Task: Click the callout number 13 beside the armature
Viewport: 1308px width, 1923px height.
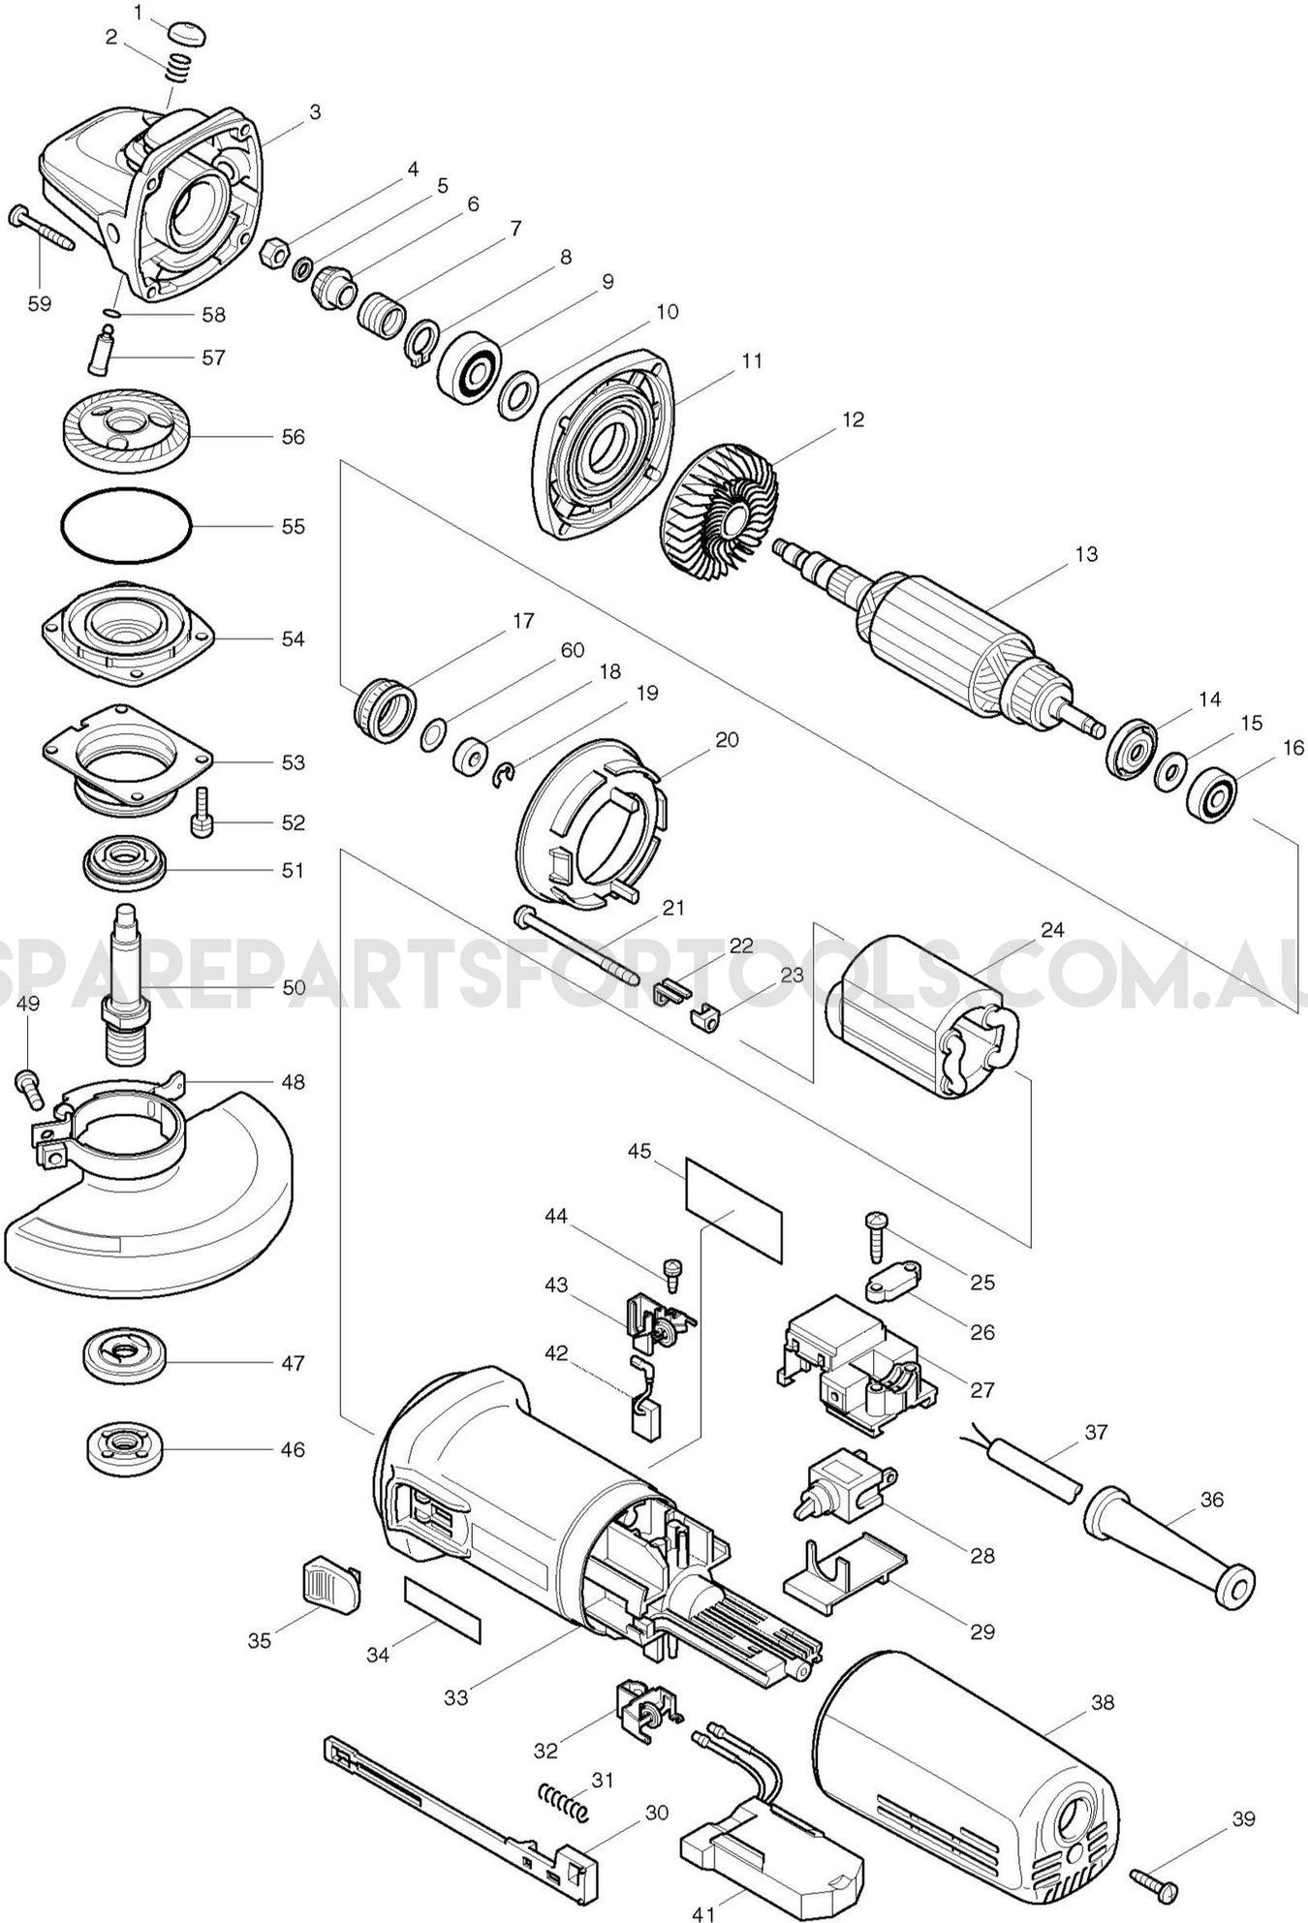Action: (1086, 554)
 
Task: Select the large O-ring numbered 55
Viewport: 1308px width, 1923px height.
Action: (126, 527)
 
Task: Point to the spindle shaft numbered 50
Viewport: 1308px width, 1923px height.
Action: (126, 988)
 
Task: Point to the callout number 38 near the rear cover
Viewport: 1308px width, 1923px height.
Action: (1103, 1702)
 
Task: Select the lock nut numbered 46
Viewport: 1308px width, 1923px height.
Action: (123, 1449)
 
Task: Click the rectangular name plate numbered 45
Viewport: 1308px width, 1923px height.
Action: (733, 1208)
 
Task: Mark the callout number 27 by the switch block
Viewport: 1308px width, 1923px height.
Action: (981, 1389)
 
